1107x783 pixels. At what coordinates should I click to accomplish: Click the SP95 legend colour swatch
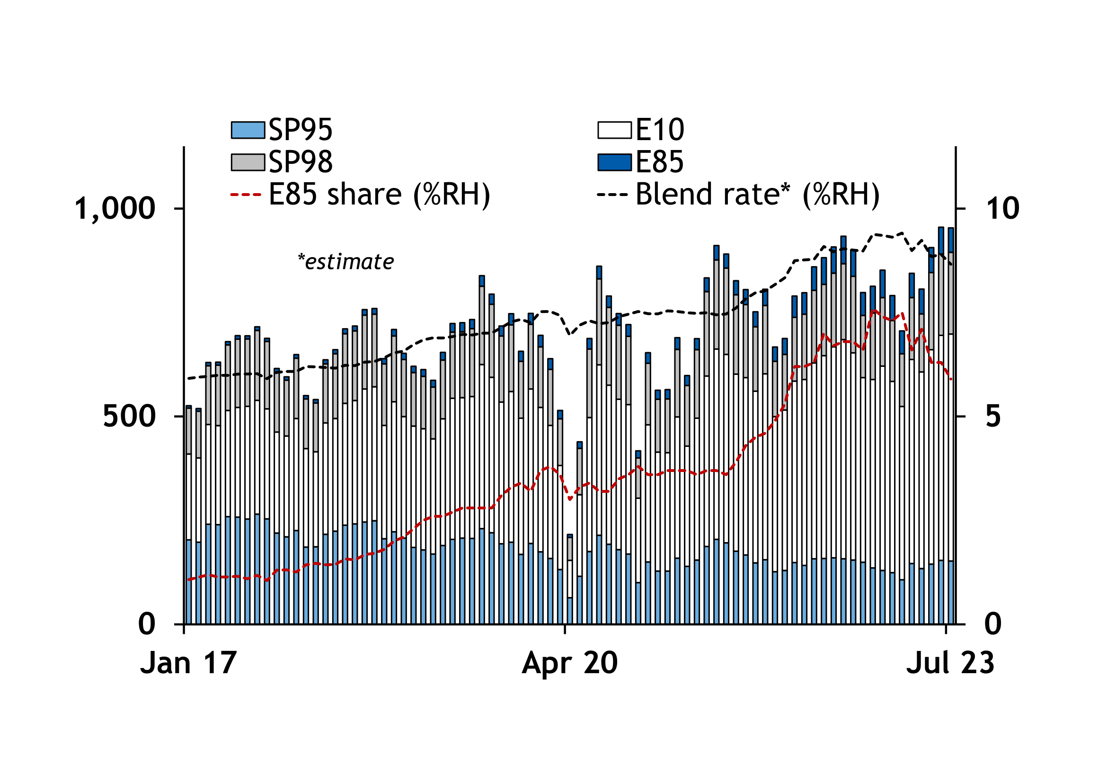point(248,130)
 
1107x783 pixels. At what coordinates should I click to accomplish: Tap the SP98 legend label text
point(301,162)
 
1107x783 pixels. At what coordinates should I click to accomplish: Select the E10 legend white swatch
point(614,130)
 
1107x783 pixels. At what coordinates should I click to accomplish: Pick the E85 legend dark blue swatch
point(614,162)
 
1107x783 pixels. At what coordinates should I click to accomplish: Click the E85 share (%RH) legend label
point(379,194)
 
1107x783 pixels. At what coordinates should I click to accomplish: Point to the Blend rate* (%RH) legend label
point(757,194)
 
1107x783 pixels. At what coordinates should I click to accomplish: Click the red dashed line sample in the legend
point(246,195)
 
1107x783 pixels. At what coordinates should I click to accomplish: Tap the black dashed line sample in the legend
point(612,195)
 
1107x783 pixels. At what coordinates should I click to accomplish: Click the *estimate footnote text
point(345,262)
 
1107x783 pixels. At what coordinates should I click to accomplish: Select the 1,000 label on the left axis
point(115,209)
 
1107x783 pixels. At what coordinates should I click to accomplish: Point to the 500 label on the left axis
point(129,416)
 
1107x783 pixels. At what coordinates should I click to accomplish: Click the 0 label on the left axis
point(147,624)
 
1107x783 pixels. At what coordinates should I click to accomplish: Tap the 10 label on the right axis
point(1003,209)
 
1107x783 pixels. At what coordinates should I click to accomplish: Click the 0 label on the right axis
point(993,624)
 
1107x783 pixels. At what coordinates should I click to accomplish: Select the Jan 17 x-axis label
point(188,663)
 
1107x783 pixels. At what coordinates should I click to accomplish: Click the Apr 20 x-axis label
point(569,663)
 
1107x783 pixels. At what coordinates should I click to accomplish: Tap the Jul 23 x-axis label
point(950,663)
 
